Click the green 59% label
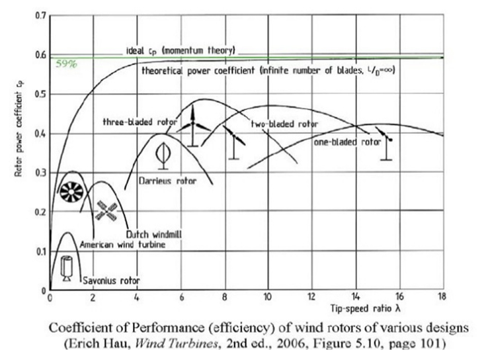(66, 64)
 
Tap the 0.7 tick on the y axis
(39, 14)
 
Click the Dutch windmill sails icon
(106, 211)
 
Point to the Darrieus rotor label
(167, 179)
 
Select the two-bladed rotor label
(284, 124)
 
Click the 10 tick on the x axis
(267, 298)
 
